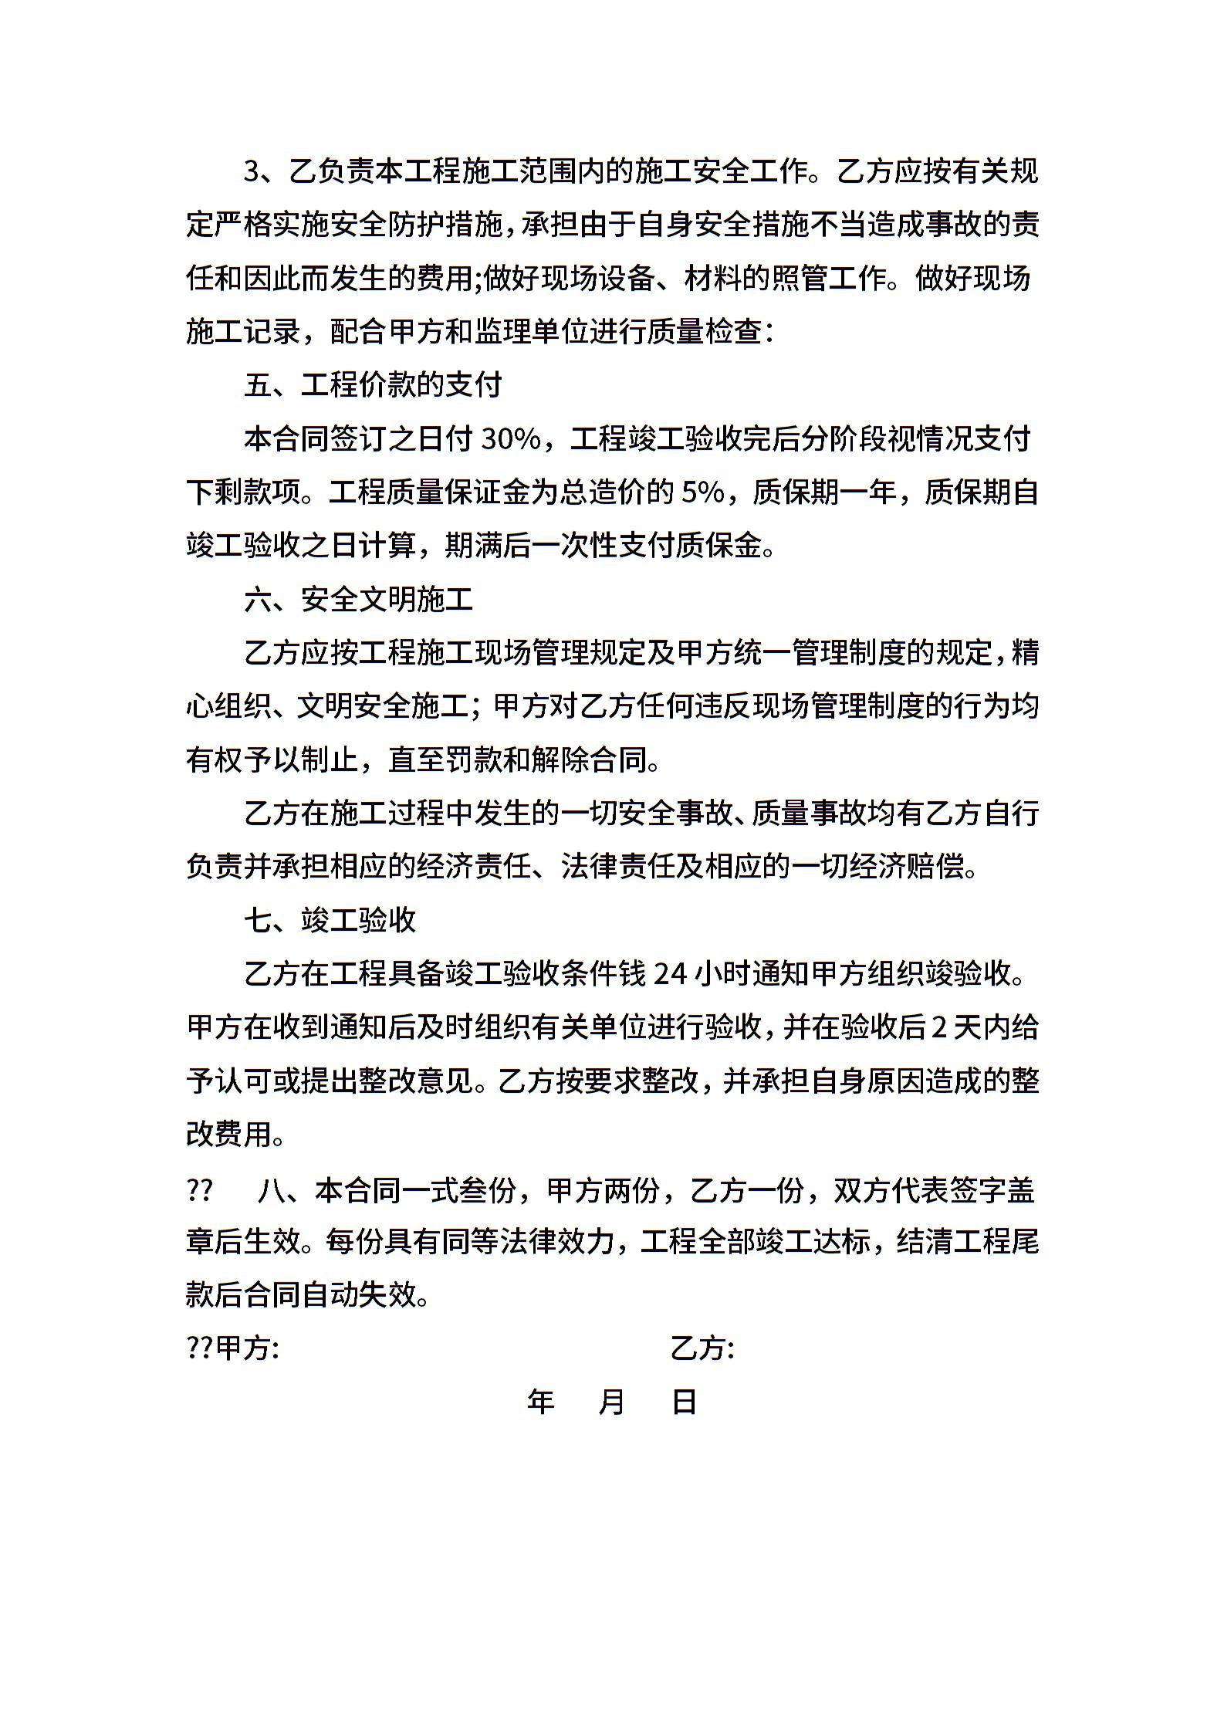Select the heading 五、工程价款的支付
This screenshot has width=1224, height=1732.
[373, 384]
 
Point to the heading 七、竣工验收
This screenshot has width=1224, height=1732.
[330, 920]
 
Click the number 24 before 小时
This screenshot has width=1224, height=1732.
[670, 974]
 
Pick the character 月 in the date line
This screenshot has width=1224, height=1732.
[611, 1402]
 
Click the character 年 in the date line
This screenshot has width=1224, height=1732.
[541, 1402]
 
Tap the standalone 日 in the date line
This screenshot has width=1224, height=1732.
[685, 1402]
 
